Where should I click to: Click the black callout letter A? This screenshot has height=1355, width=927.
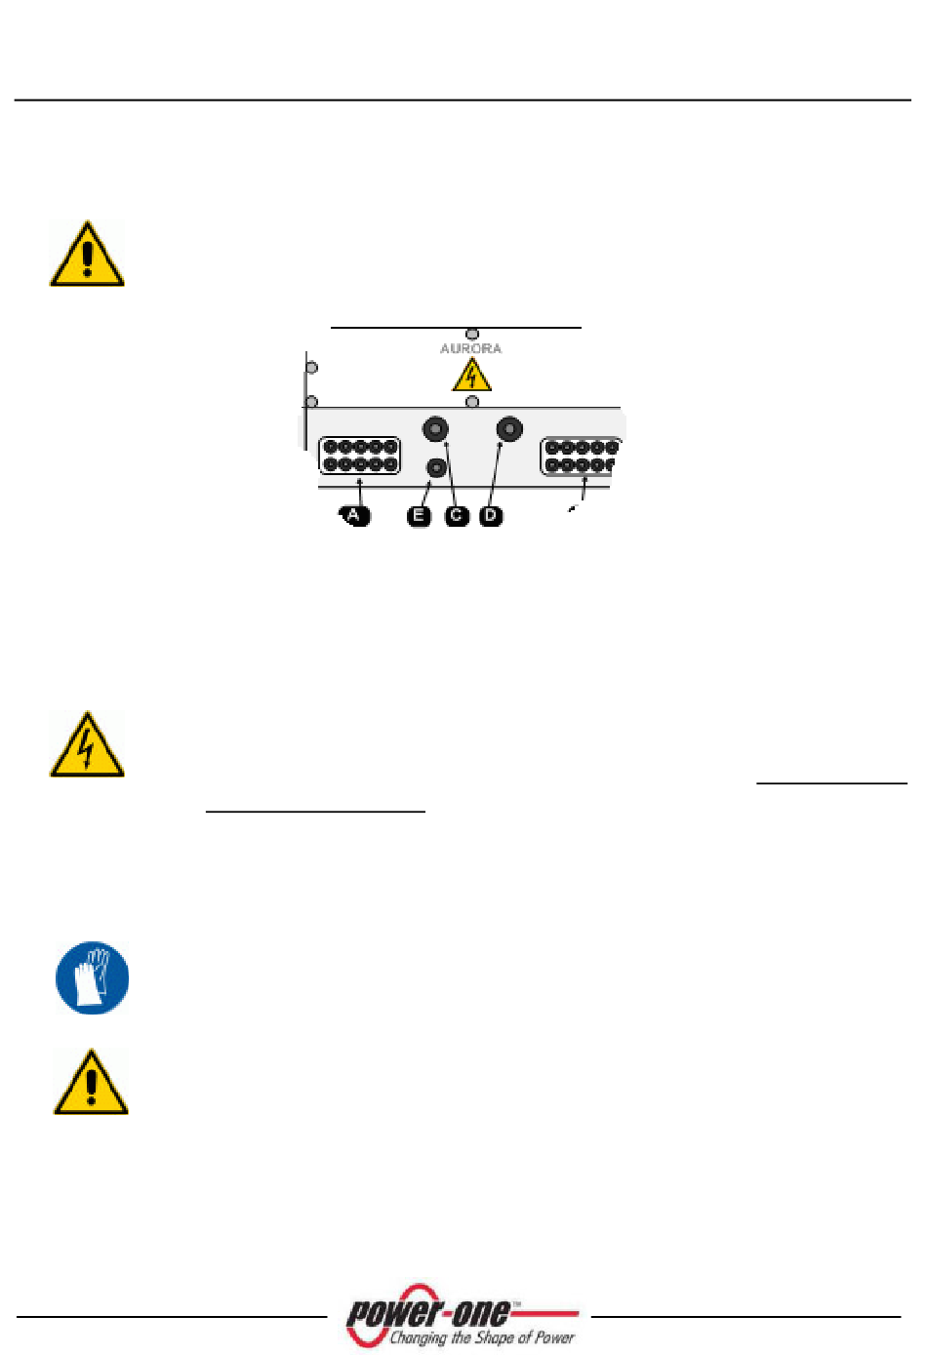pyautogui.click(x=355, y=515)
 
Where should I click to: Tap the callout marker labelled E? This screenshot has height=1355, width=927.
pyautogui.click(x=419, y=516)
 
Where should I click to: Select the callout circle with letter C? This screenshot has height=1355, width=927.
pyautogui.click(x=456, y=516)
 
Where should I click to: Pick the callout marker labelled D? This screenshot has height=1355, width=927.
pyautogui.click(x=491, y=516)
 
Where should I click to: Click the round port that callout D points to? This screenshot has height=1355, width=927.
pyautogui.click(x=509, y=428)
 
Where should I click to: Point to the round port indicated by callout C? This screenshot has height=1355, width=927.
pyautogui.click(x=435, y=428)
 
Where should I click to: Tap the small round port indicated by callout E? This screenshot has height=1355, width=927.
pyautogui.click(x=436, y=467)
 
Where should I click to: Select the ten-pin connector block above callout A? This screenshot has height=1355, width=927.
pyautogui.click(x=360, y=456)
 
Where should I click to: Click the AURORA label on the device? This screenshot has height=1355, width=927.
pyautogui.click(x=470, y=348)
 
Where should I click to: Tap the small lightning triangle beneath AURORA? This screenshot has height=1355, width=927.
pyautogui.click(x=471, y=376)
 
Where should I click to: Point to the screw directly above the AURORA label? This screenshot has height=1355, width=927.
pyautogui.click(x=472, y=334)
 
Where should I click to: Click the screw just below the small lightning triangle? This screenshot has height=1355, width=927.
pyautogui.click(x=472, y=401)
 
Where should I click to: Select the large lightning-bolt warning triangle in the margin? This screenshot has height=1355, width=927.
pyautogui.click(x=87, y=746)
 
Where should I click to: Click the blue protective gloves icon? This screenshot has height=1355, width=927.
pyautogui.click(x=92, y=977)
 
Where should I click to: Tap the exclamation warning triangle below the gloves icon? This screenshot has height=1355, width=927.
pyautogui.click(x=91, y=1085)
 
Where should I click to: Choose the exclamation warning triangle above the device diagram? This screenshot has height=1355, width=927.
pyautogui.click(x=87, y=255)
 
